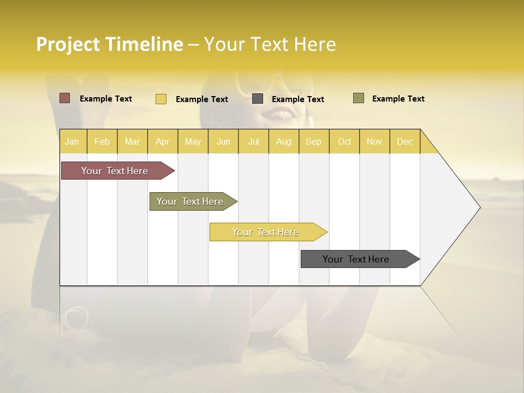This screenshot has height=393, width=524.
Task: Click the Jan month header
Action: pyautogui.click(x=72, y=141)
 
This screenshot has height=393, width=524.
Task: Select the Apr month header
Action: pyautogui.click(x=162, y=141)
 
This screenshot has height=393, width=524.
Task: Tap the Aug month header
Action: pyautogui.click(x=283, y=141)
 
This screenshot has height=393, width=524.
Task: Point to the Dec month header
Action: pyautogui.click(x=404, y=141)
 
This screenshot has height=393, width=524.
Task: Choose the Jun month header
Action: pyautogui.click(x=223, y=141)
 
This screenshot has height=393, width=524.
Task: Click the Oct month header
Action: pyautogui.click(x=344, y=141)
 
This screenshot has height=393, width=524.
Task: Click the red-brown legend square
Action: pyautogui.click(x=65, y=98)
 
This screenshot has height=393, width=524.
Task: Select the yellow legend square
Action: pyautogui.click(x=161, y=99)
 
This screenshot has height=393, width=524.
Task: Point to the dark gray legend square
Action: pyautogui.click(x=258, y=99)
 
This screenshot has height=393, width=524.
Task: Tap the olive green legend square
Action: pyautogui.click(x=359, y=98)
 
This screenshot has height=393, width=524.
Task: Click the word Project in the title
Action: pyautogui.click(x=68, y=44)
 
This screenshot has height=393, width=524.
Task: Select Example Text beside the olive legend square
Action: pyautogui.click(x=398, y=99)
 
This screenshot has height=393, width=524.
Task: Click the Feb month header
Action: pyautogui.click(x=102, y=141)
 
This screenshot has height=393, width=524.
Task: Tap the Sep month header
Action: pyautogui.click(x=313, y=141)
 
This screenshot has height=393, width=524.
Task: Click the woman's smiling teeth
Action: pyautogui.click(x=282, y=114)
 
